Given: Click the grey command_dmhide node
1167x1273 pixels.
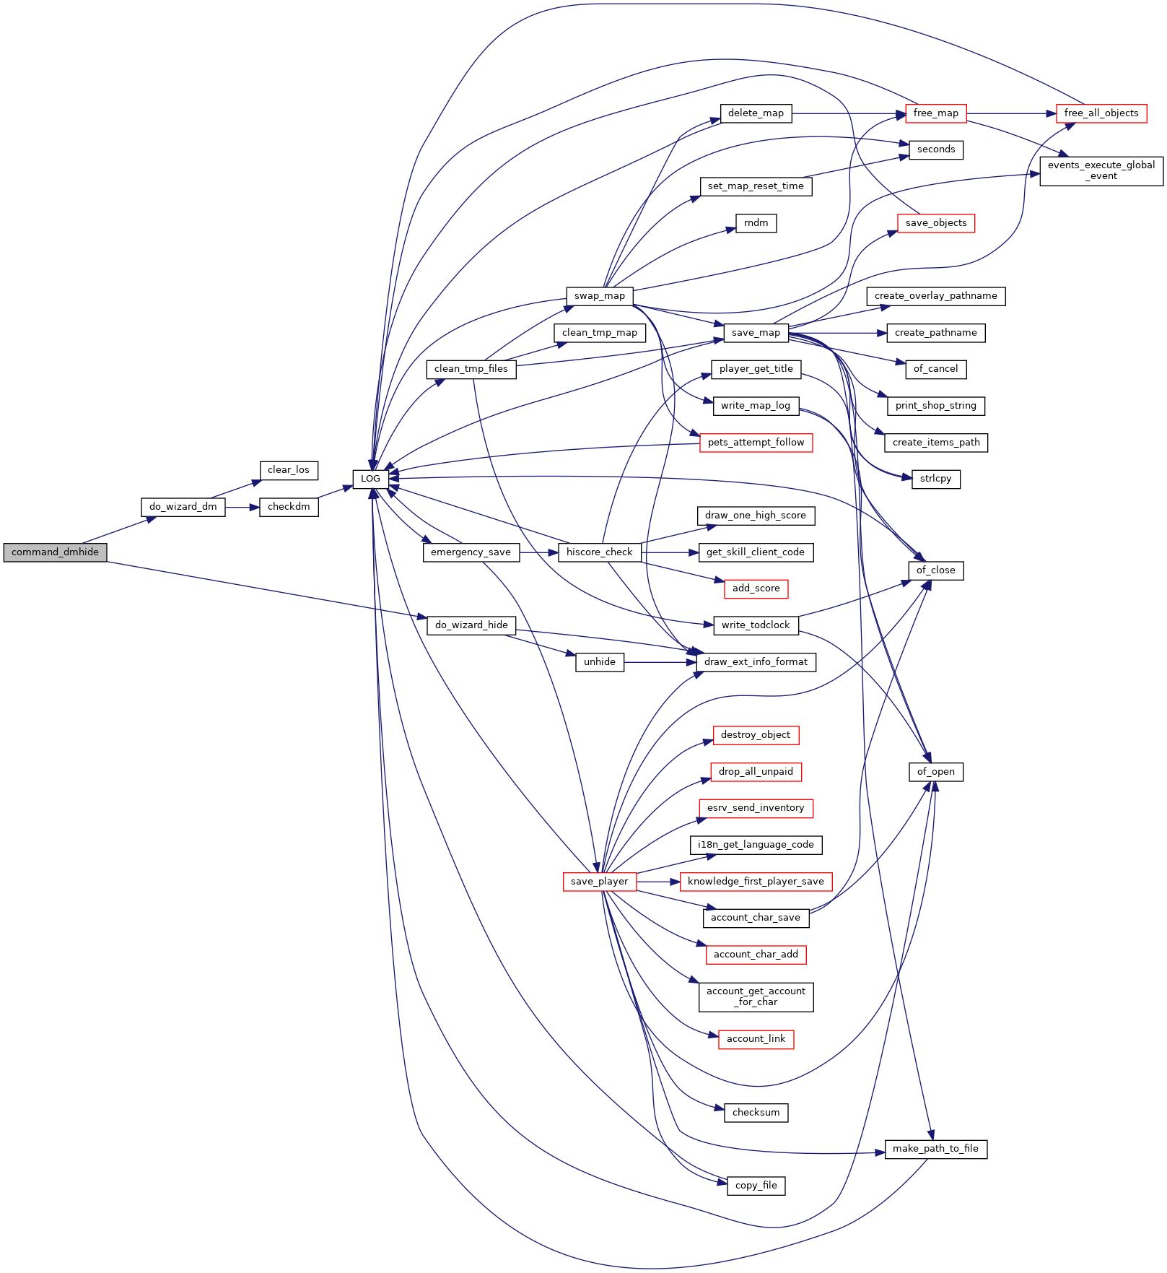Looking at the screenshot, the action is [55, 552].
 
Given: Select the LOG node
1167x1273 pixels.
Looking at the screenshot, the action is [370, 479].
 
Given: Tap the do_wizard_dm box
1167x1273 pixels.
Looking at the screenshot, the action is [183, 507].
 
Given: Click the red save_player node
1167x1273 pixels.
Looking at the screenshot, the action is [599, 882].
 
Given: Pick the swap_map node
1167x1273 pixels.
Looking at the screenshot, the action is [600, 296].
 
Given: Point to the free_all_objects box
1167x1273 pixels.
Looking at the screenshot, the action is [1101, 113].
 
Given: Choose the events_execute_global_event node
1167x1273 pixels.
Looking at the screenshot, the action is [1101, 170].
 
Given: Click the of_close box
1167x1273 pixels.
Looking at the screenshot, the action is [936, 570].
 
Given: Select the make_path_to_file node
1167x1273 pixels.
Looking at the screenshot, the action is [935, 1149].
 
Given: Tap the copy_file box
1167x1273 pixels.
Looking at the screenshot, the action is [756, 1186].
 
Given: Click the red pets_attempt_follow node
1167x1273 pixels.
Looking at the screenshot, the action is [756, 443].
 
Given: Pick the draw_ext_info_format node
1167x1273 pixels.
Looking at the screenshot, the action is [756, 662].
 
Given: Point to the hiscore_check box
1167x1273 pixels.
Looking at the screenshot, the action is [599, 552].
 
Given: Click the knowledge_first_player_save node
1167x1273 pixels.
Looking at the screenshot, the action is [756, 882].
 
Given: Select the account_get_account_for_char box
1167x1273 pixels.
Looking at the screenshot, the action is [756, 996].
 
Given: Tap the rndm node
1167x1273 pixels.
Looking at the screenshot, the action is [756, 223].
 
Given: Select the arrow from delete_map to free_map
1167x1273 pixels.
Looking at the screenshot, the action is [849, 113].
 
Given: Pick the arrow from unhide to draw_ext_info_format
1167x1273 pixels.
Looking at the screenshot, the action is [660, 662].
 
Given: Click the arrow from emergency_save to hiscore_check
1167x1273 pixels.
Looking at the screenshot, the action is [538, 552].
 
